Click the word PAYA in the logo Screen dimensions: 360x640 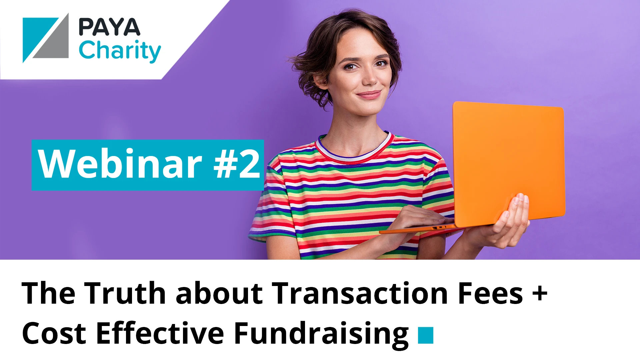(x=109, y=27)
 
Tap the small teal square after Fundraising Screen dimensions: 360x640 (x=426, y=335)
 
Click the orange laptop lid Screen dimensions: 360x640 (x=508, y=163)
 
